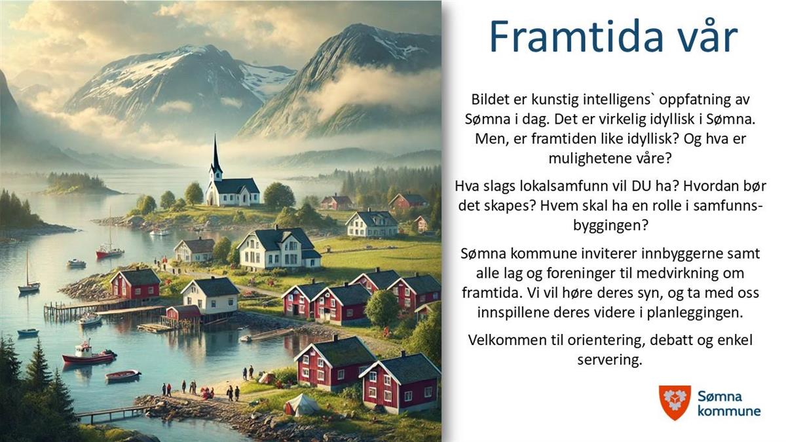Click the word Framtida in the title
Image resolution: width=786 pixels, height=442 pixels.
[x=576, y=36]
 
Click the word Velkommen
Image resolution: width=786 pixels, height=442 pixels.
[x=503, y=340]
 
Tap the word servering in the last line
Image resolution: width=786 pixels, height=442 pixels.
[x=610, y=360]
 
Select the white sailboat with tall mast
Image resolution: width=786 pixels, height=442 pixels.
[x=28, y=277]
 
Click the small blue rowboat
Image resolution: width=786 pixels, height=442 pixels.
[x=28, y=332]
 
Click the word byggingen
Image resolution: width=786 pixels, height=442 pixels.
[x=610, y=225]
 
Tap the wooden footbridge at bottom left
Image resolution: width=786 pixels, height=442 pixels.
[x=112, y=414]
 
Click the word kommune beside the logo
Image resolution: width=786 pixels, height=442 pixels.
[x=729, y=411]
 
